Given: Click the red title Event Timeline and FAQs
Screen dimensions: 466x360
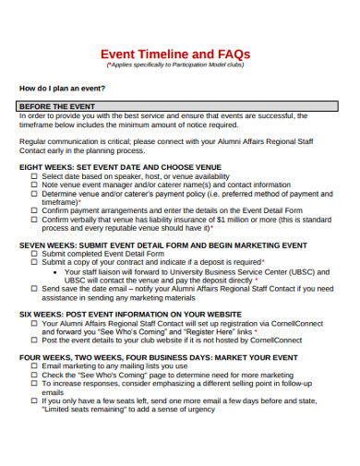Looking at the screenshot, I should [179, 53].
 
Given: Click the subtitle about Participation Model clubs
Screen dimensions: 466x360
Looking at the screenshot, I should [179, 66].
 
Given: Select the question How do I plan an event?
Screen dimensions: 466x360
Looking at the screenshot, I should [62, 89].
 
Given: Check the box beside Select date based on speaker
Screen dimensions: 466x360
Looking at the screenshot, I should [34, 175].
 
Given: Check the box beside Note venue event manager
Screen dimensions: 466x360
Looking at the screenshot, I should [34, 185].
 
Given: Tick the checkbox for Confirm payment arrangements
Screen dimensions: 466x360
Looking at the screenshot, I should [34, 211].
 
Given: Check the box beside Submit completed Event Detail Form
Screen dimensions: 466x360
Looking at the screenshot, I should [34, 254].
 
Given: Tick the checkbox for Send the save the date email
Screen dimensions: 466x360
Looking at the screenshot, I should [34, 289].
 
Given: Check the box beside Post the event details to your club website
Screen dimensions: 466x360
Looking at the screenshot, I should [34, 340].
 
